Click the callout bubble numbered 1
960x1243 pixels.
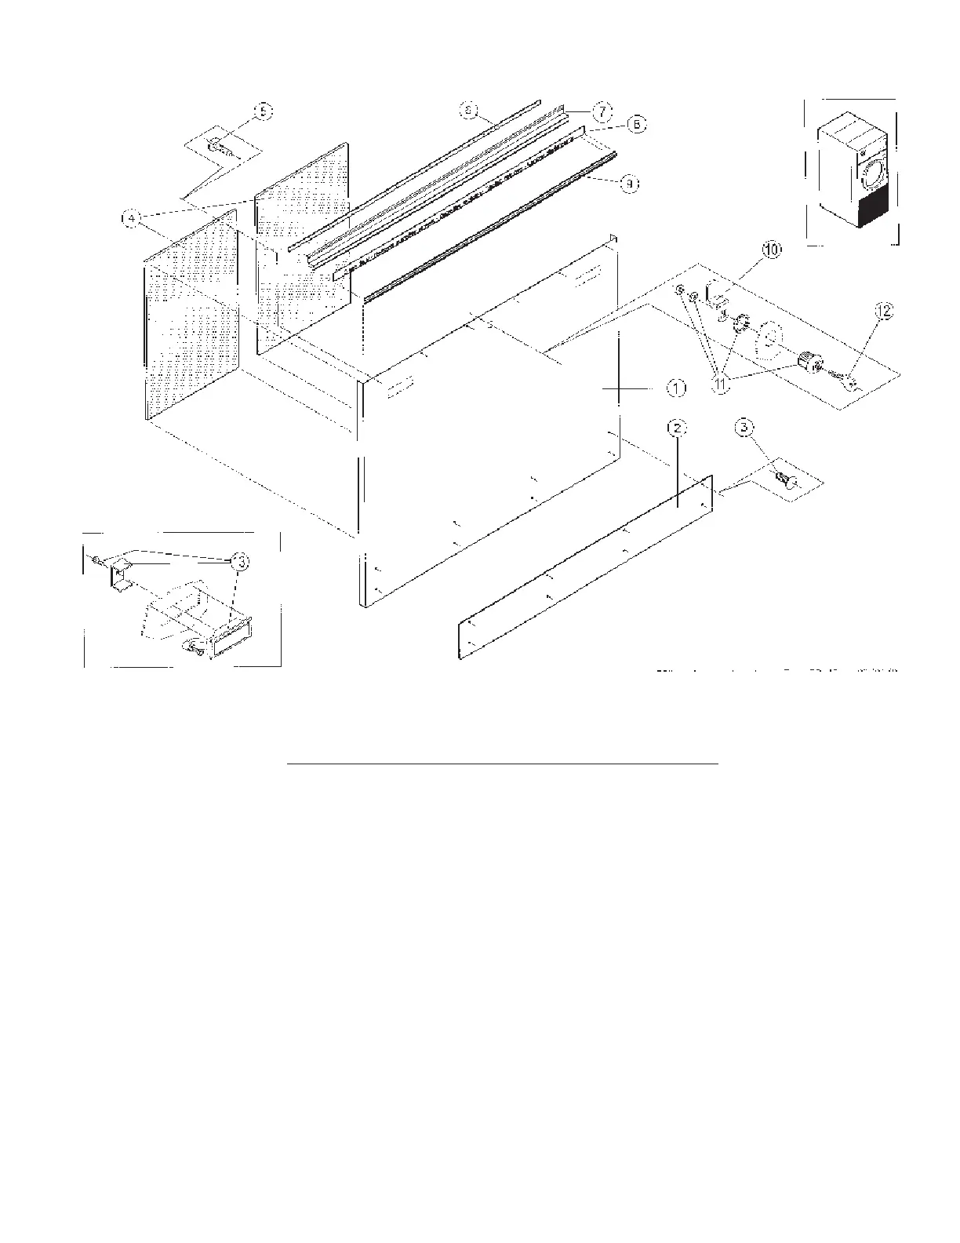click(677, 388)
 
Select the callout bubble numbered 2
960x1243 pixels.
click(677, 428)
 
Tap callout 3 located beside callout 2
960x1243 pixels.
click(745, 428)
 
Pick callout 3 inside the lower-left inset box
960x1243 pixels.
click(241, 561)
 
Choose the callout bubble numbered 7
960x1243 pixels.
click(601, 111)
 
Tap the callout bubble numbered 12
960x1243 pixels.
click(883, 312)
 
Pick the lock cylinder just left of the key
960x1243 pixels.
click(808, 362)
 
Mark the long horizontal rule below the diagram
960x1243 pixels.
click(503, 762)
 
